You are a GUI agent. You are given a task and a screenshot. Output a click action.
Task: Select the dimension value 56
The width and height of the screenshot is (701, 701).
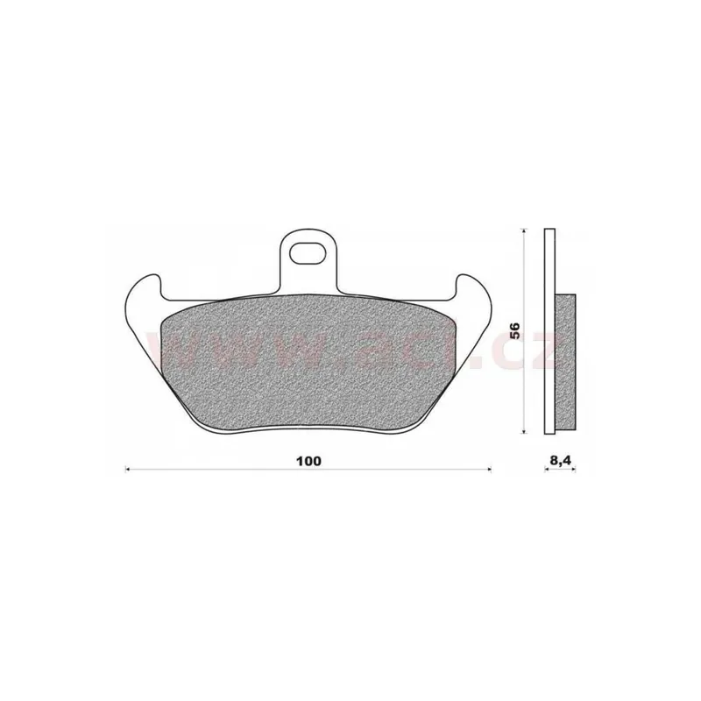516,330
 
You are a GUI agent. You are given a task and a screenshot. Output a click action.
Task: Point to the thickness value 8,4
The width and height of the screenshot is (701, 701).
560,459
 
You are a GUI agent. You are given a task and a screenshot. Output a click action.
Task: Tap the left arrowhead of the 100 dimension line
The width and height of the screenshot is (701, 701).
130,471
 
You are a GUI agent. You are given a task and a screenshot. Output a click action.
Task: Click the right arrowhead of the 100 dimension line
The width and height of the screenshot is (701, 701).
488,471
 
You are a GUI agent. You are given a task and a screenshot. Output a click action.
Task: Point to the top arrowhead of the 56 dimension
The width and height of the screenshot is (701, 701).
523,230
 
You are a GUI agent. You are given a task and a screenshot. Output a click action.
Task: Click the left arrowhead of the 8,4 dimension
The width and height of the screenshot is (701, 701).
547,471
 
